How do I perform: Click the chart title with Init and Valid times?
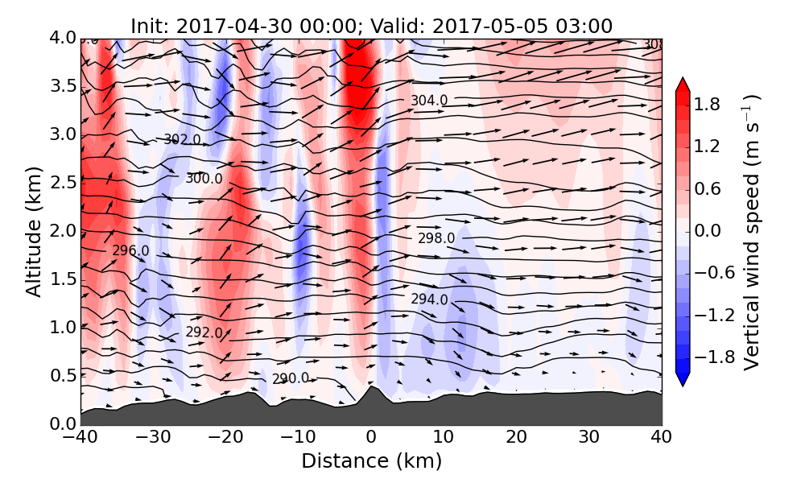click(x=371, y=26)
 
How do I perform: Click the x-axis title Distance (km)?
click(x=371, y=461)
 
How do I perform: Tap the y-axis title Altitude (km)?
click(x=33, y=230)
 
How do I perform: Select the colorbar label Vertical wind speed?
click(x=752, y=232)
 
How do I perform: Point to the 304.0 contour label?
click(x=429, y=101)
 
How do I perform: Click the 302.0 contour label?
click(x=182, y=139)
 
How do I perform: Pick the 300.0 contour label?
click(x=204, y=178)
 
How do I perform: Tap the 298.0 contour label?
click(x=436, y=238)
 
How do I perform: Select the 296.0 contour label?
click(x=130, y=251)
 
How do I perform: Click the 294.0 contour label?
click(x=429, y=299)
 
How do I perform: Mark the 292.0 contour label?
click(x=204, y=332)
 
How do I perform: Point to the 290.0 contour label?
click(x=290, y=378)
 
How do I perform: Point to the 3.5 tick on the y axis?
click(x=64, y=86)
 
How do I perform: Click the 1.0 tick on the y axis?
click(x=64, y=328)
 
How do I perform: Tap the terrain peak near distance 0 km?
click(x=370, y=389)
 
